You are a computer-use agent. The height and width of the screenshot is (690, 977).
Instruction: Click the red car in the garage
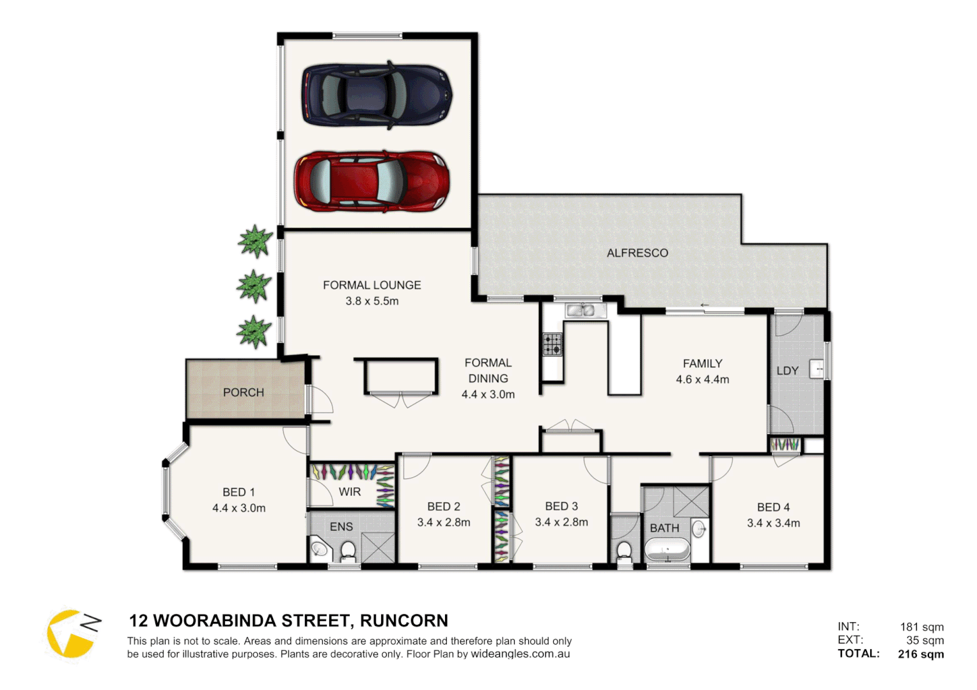[372, 181]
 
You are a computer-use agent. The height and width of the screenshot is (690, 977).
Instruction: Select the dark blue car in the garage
[377, 95]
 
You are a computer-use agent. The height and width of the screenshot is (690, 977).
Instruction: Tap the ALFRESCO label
[637, 253]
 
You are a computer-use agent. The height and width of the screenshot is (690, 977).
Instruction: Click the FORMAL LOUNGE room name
[371, 285]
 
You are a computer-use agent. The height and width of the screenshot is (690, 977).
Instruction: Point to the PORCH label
[243, 392]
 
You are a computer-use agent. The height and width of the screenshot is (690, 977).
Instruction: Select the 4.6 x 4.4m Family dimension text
[702, 379]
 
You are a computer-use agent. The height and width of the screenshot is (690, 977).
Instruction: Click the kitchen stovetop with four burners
[552, 344]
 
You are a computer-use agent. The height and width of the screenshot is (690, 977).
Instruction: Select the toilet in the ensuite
[348, 551]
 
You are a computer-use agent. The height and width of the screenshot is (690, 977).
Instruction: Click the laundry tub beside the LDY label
[817, 369]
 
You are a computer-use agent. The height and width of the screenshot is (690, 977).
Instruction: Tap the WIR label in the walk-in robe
[350, 492]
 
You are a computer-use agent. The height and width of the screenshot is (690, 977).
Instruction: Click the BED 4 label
[773, 507]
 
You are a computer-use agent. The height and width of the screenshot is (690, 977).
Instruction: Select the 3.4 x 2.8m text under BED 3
[561, 522]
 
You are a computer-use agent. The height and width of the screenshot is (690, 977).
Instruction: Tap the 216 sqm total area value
[920, 654]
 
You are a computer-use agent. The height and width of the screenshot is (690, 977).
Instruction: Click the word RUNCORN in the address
[403, 621]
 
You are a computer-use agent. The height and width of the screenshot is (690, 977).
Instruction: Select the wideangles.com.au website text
[520, 654]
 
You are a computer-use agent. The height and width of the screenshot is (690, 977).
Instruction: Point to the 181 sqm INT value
[921, 627]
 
